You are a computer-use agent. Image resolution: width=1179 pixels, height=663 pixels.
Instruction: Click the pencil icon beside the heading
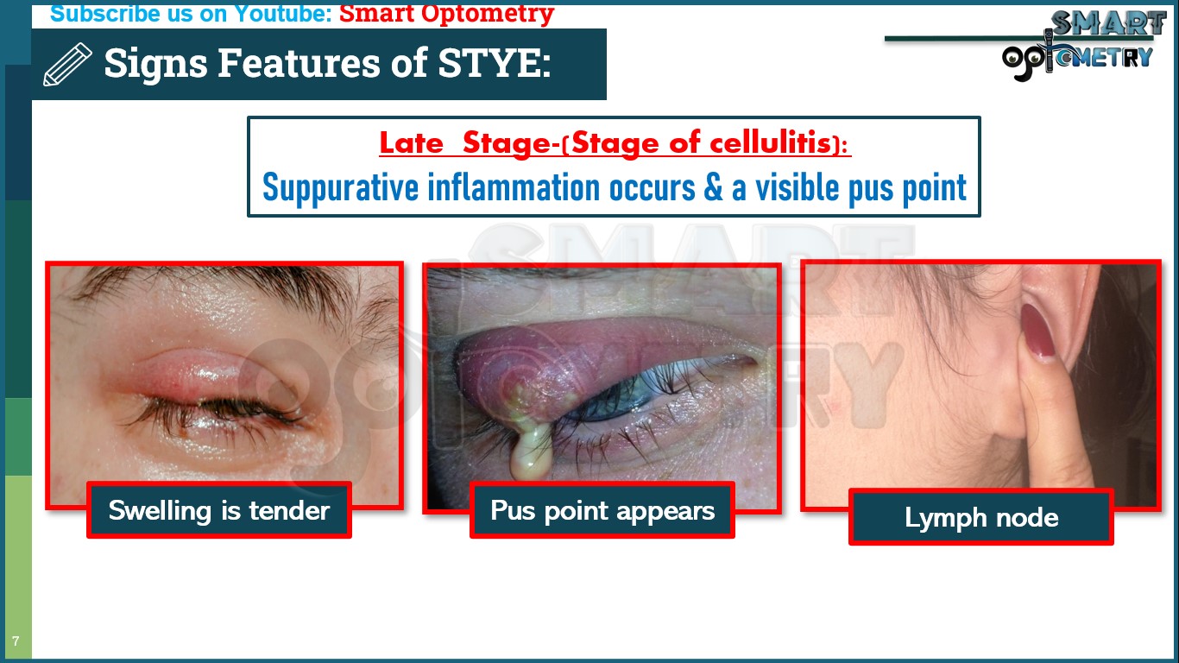[67, 65]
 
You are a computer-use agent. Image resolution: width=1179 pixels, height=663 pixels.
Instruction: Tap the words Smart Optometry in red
[446, 14]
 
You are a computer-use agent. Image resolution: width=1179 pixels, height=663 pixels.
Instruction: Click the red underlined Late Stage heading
[615, 143]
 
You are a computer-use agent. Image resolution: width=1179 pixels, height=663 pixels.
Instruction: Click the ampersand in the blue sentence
[713, 188]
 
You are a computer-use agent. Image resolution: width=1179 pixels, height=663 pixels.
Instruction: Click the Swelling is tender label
[219, 510]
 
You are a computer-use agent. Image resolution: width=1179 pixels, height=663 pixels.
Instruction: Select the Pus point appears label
[602, 510]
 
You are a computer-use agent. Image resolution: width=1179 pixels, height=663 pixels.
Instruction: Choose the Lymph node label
[981, 517]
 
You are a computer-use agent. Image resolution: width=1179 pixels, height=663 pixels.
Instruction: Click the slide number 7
[16, 641]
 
